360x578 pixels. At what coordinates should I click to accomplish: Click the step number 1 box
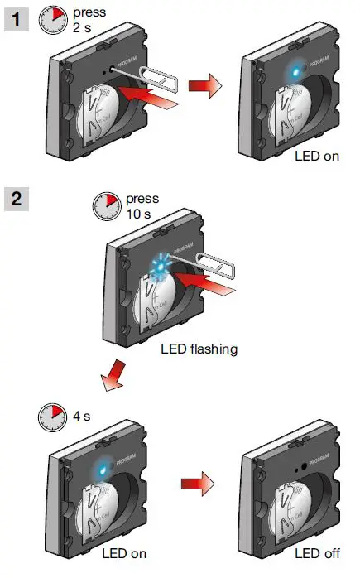16,17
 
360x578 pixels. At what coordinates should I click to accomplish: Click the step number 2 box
16,199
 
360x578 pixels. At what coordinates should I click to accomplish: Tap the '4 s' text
84,414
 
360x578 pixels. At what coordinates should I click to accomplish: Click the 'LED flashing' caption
199,349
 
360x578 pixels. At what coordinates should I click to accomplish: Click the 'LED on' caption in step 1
317,156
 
